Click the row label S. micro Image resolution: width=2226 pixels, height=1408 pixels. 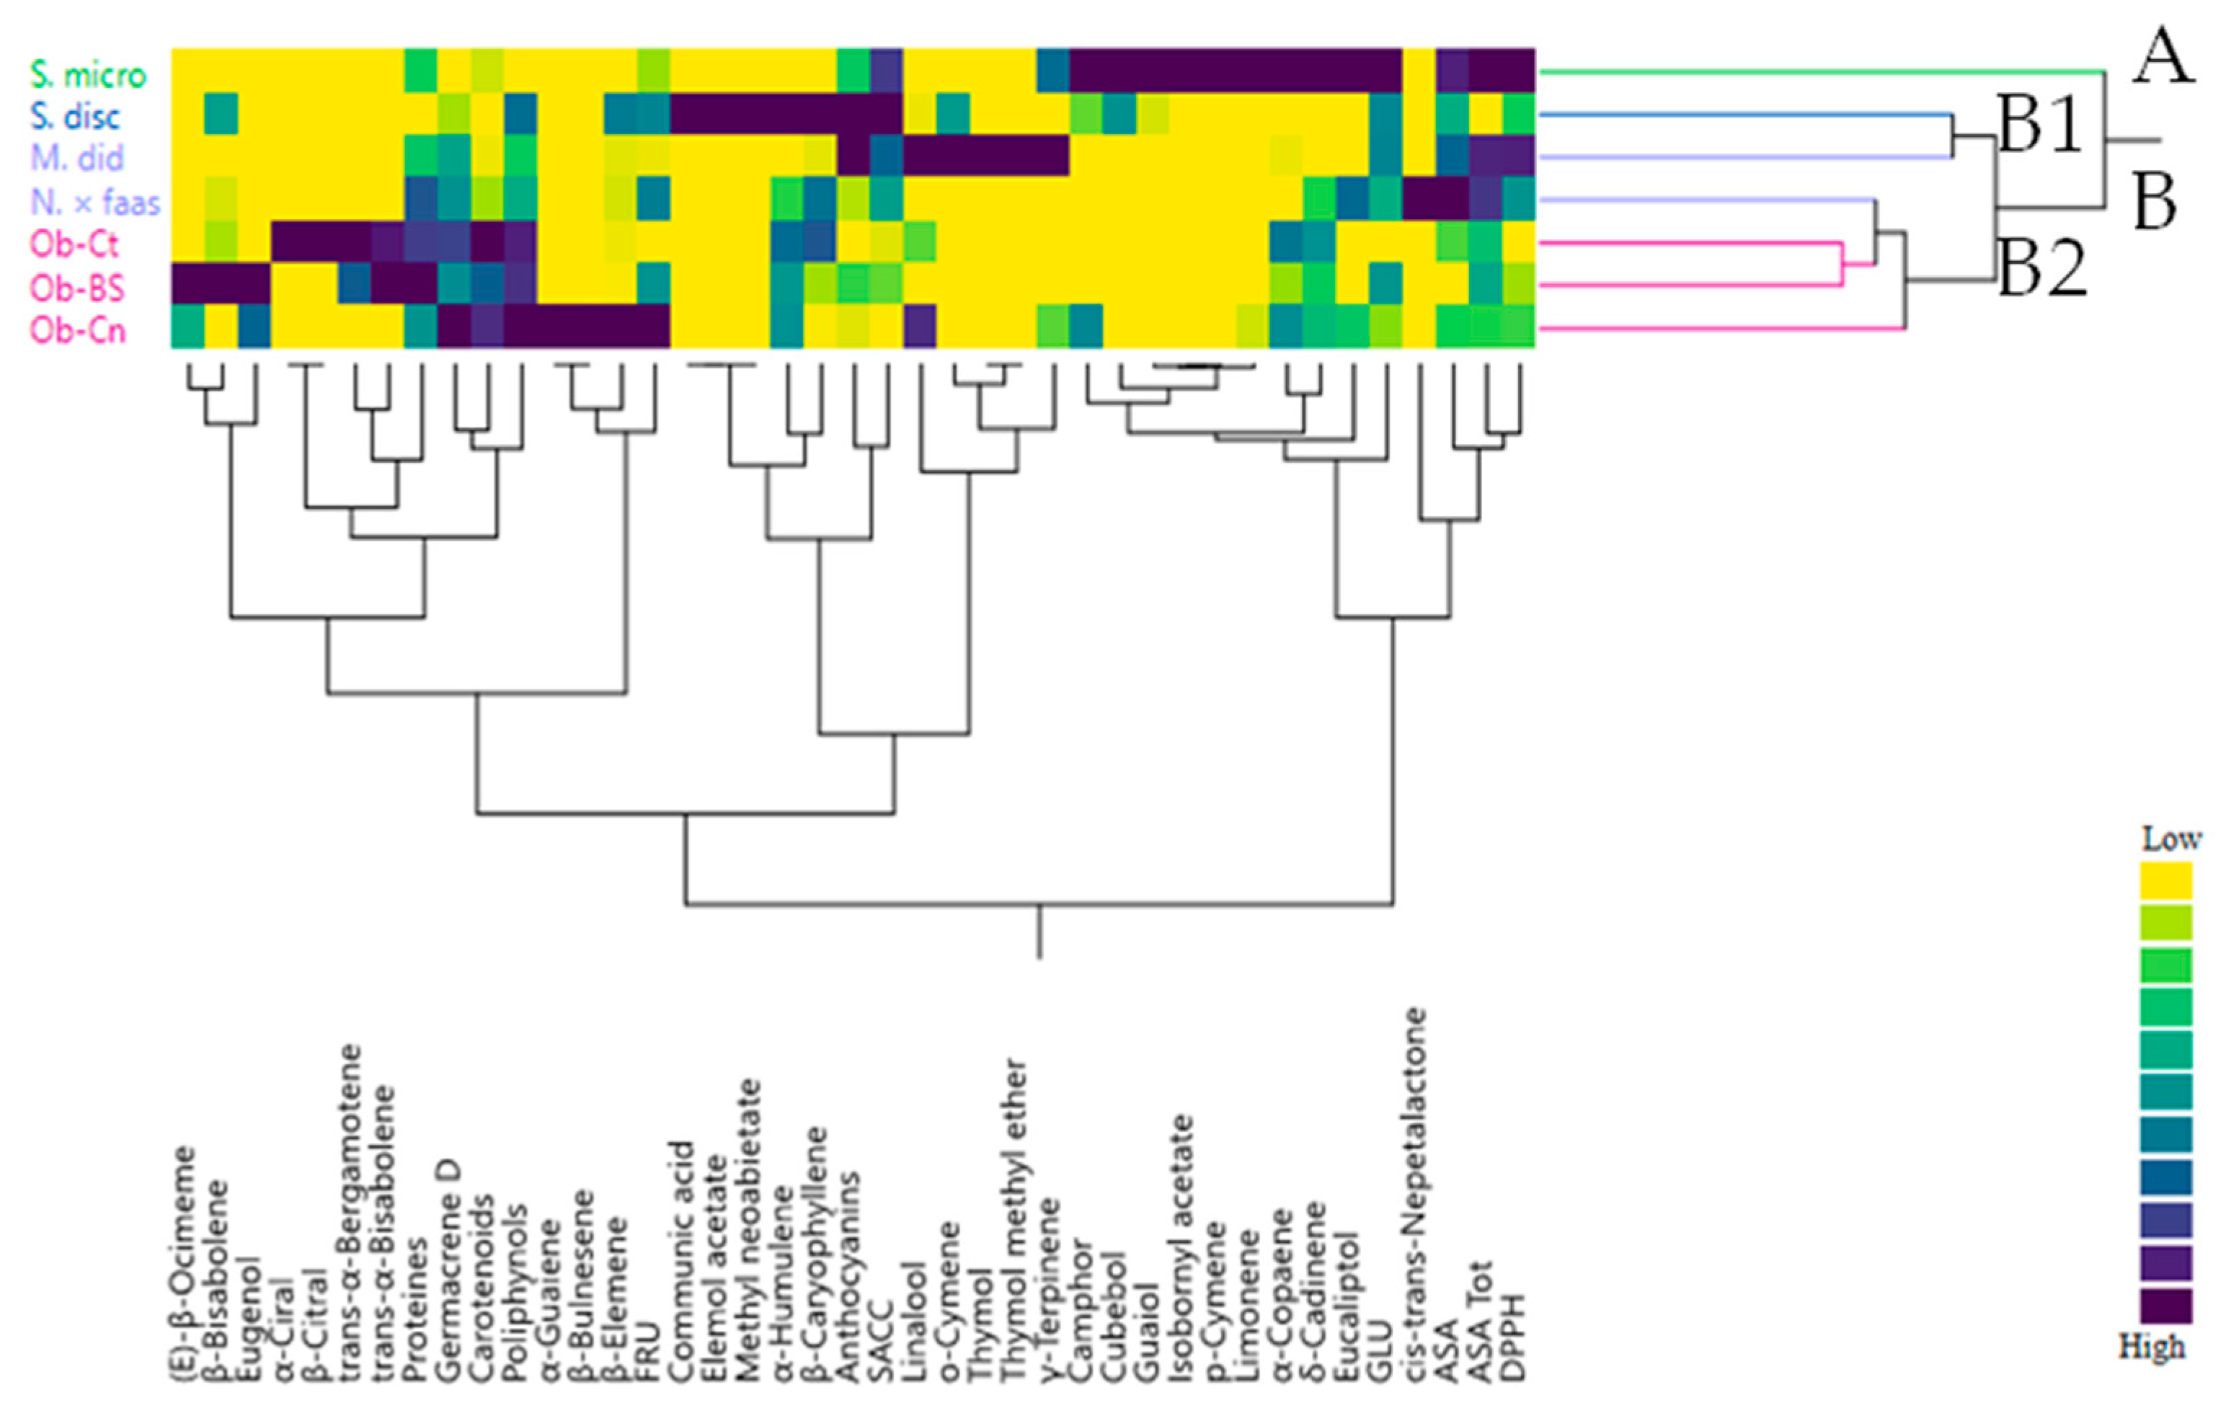click(88, 74)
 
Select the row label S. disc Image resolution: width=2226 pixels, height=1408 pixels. click(75, 117)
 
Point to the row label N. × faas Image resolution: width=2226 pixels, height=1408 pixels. click(95, 202)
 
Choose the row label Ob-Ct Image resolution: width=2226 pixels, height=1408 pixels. click(74, 244)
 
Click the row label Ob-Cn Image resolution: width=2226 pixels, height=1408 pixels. click(78, 330)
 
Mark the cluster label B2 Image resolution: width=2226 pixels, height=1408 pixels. click(2042, 269)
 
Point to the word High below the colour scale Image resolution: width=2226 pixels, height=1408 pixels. click(2153, 1346)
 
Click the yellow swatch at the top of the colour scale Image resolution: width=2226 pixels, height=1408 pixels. click(2165, 880)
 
